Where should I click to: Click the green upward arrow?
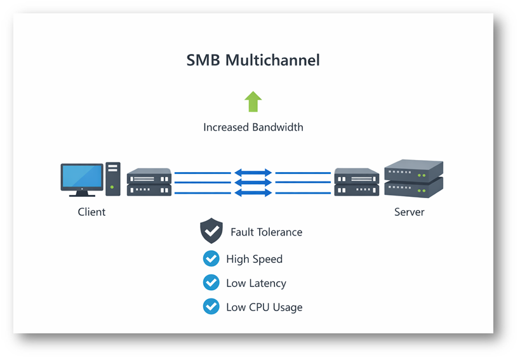click(x=253, y=102)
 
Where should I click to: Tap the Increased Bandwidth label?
click(x=253, y=127)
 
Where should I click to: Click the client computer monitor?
click(x=82, y=178)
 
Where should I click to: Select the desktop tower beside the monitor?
click(x=113, y=178)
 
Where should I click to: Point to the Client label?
click(x=91, y=211)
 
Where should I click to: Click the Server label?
click(x=409, y=211)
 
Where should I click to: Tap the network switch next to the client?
click(x=149, y=182)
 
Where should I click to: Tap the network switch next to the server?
click(x=357, y=182)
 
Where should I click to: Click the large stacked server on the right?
click(x=413, y=178)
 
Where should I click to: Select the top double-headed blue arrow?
click(x=253, y=172)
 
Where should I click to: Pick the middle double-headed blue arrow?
click(x=253, y=182)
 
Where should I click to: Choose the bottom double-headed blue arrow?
click(x=253, y=192)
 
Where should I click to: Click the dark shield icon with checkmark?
click(x=211, y=232)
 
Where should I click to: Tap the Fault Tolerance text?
click(x=266, y=232)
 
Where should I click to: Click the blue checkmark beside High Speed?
click(x=211, y=258)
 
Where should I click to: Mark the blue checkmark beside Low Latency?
click(x=211, y=283)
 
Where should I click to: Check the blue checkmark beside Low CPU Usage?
click(x=211, y=307)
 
